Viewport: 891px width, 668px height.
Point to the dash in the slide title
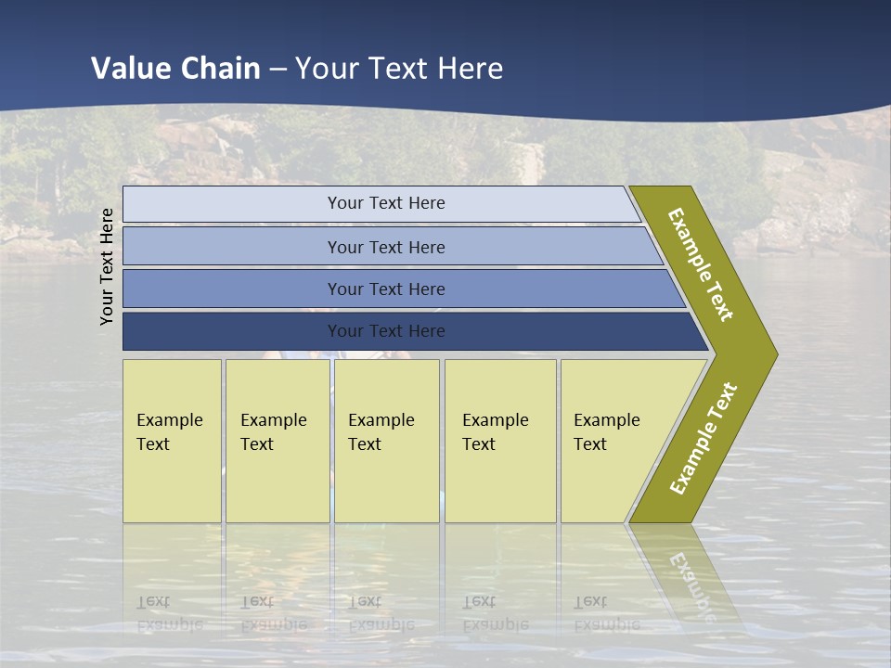click(278, 69)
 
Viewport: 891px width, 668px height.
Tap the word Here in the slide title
click(470, 69)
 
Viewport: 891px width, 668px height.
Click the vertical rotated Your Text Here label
click(107, 266)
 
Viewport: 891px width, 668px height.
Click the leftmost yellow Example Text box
click(172, 442)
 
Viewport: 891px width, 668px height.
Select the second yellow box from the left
click(277, 442)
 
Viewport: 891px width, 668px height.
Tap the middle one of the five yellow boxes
click(386, 442)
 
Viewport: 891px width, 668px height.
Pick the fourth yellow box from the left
click(500, 442)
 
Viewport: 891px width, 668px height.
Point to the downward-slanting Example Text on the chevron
click(701, 264)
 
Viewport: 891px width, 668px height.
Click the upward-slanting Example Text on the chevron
click(704, 438)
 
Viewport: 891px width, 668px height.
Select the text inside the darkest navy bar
click(386, 331)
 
